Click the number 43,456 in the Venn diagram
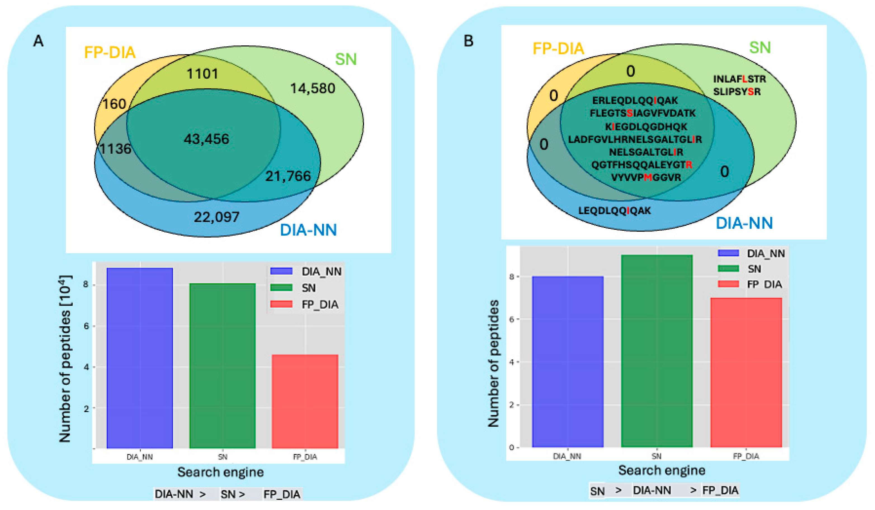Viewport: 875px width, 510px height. (206, 139)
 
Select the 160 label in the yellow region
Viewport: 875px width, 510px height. (114, 104)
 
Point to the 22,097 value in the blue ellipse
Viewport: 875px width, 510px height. (217, 217)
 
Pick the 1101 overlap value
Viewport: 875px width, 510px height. (202, 73)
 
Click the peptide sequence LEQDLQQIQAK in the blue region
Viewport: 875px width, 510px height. (614, 210)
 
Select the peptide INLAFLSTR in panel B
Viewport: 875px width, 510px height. (739, 79)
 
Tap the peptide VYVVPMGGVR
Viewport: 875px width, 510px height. (646, 177)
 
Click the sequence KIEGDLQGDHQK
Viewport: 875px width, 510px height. (646, 126)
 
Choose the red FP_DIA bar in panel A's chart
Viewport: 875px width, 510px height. (305, 401)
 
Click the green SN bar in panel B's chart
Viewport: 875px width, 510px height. (657, 351)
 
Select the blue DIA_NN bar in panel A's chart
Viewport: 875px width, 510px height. (140, 358)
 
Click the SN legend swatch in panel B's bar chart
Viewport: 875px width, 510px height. (728, 268)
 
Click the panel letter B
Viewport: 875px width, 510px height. (468, 41)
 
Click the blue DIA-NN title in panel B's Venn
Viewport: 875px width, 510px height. (744, 223)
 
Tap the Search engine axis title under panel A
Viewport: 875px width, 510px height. (220, 472)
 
